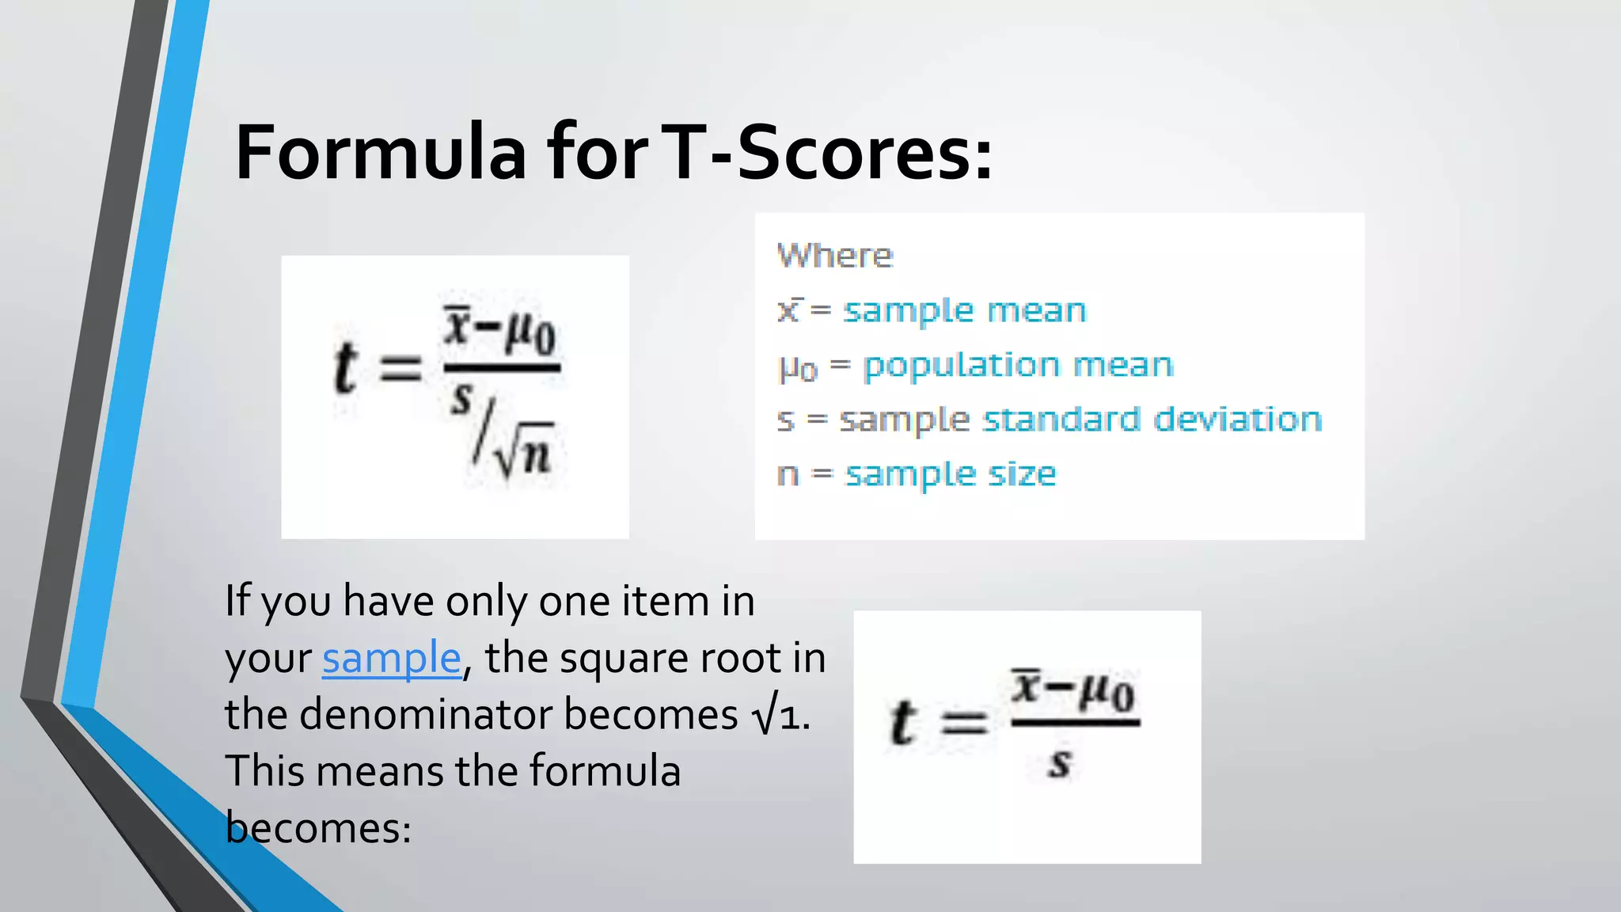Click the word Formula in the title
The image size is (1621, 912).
pyautogui.click(x=381, y=152)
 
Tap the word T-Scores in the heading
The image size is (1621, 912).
pyautogui.click(x=825, y=152)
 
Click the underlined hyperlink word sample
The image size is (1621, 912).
pyautogui.click(x=391, y=658)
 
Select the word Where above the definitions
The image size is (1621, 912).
pyautogui.click(x=835, y=256)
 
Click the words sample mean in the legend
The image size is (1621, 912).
pyautogui.click(x=964, y=310)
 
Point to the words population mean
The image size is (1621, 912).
pyautogui.click(x=1018, y=365)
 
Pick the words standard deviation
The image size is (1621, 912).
pyautogui.click(x=1152, y=419)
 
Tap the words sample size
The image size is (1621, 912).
pyautogui.click(x=951, y=474)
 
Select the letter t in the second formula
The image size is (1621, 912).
pyautogui.click(x=902, y=723)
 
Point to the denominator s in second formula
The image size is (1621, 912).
pyautogui.click(x=1059, y=763)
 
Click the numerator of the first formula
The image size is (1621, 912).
pyautogui.click(x=500, y=331)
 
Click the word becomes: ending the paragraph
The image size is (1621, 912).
pyautogui.click(x=318, y=828)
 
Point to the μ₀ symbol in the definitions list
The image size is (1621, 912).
pyautogui.click(x=797, y=367)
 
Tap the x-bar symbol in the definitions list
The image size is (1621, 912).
pyautogui.click(x=789, y=310)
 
